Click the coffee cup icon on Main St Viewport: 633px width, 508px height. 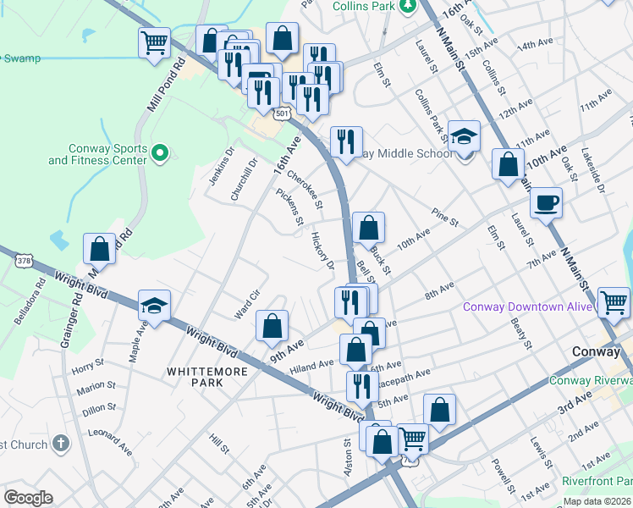click(546, 202)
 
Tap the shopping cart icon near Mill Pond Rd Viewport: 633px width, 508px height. click(154, 42)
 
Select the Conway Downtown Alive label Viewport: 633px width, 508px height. click(526, 306)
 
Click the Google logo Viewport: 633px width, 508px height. click(28, 498)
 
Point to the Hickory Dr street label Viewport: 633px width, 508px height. click(322, 251)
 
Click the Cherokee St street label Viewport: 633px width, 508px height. click(305, 190)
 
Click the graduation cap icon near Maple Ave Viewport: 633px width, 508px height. click(155, 306)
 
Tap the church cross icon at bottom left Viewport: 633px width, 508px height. click(60, 444)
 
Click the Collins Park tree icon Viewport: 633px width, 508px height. click(408, 6)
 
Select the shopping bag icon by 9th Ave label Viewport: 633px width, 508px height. click(272, 326)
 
